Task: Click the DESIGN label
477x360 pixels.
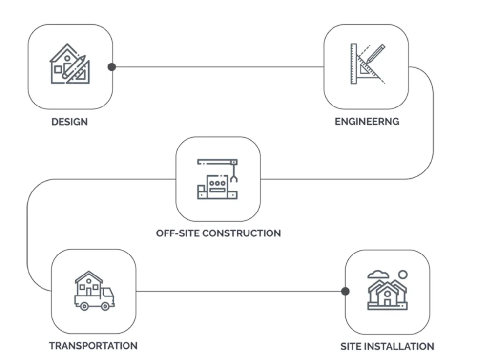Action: pyautogui.click(x=69, y=122)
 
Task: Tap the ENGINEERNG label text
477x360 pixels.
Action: pyautogui.click(x=367, y=122)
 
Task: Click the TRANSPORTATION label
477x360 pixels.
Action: pyautogui.click(x=93, y=346)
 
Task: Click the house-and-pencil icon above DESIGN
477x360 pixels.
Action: pyautogui.click(x=70, y=64)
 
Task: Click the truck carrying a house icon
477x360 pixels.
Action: pyautogui.click(x=94, y=291)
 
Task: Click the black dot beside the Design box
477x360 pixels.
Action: pyautogui.click(x=112, y=67)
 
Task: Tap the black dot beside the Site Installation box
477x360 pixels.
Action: pyautogui.click(x=345, y=291)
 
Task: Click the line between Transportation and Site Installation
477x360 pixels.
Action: pyautogui.click(x=239, y=291)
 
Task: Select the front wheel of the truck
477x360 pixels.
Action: pyautogui.click(x=105, y=306)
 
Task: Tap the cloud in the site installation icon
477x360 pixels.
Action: pyautogui.click(x=376, y=275)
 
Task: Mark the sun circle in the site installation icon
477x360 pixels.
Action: pyautogui.click(x=403, y=275)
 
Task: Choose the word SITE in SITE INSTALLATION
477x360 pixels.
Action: pyautogui.click(x=352, y=347)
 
